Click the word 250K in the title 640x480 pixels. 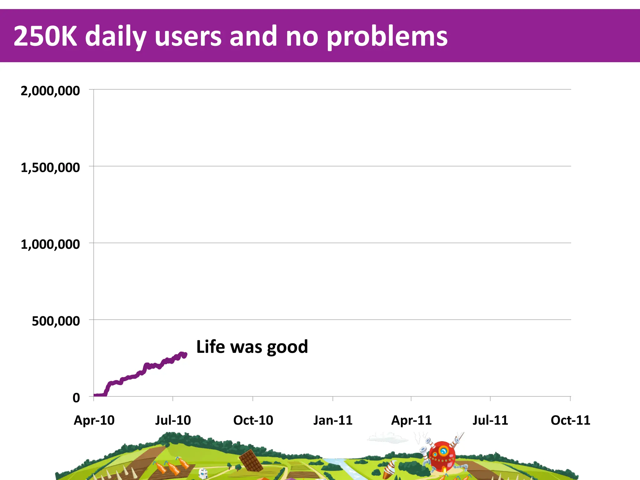[45, 36]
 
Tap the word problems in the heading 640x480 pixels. [387, 37]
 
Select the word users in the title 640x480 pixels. [188, 36]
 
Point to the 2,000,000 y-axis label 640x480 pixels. [50, 91]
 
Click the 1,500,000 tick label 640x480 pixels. [50, 168]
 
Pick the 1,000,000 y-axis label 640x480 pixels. [50, 244]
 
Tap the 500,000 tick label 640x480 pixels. [56, 321]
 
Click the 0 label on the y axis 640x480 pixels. [76, 398]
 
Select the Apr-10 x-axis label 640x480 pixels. [94, 420]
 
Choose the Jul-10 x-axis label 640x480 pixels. [173, 420]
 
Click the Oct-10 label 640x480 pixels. [253, 420]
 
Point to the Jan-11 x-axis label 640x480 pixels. [333, 420]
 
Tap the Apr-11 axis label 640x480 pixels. [411, 420]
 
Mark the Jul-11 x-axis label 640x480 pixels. [490, 420]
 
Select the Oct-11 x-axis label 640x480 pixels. [570, 420]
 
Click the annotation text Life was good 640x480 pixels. [252, 347]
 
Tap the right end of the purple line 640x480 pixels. [185, 355]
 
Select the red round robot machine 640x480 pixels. [442, 456]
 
